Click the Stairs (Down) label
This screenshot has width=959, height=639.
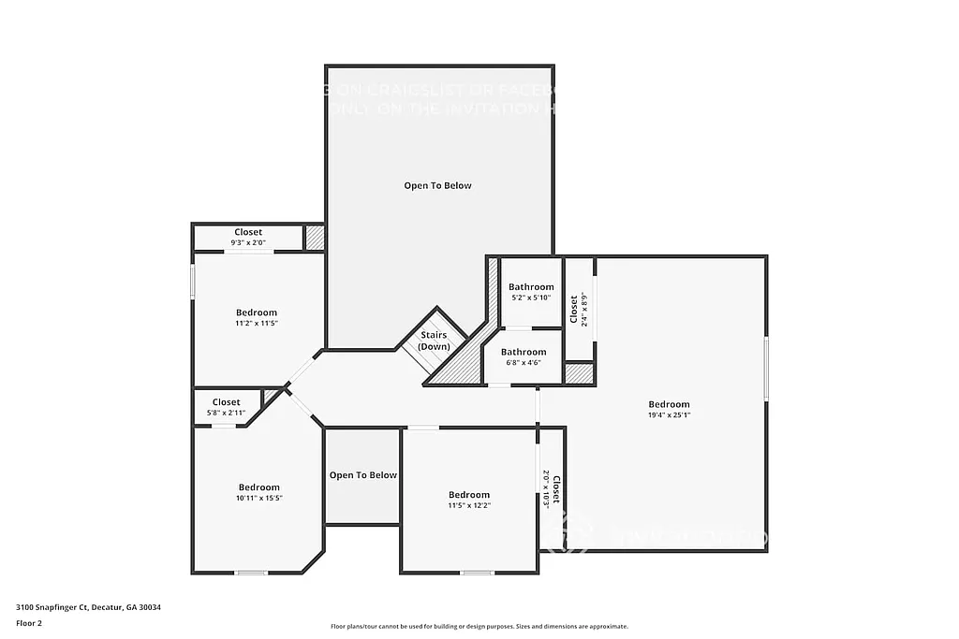pos(434,341)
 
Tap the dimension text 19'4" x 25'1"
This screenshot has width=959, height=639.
pos(669,414)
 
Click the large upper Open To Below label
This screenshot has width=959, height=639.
pos(437,185)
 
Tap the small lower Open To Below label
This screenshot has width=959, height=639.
pos(362,475)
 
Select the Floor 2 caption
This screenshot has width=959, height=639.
pos(29,622)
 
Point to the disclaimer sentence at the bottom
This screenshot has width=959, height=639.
pos(479,627)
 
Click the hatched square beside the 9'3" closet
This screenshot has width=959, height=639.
pos(315,238)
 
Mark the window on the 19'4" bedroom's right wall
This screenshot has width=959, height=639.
pos(766,370)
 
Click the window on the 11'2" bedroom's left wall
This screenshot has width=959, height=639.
pos(193,282)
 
